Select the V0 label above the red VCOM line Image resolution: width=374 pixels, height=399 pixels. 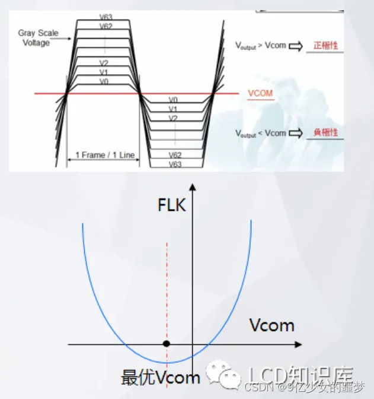pos(103,81)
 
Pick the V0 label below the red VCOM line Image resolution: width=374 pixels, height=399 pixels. pos(173,100)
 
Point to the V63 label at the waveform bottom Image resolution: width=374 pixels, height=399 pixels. pos(174,164)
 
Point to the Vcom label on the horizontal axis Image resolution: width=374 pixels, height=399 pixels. pos(271,325)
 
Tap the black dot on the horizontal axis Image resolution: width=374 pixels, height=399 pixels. pos(167,344)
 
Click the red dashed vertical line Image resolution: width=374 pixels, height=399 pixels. pos(167,285)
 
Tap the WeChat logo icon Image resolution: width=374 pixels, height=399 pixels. pos(223,374)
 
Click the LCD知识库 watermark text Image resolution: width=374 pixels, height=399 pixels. pos(301,374)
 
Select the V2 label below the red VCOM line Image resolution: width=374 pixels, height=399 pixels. pos(173,118)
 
